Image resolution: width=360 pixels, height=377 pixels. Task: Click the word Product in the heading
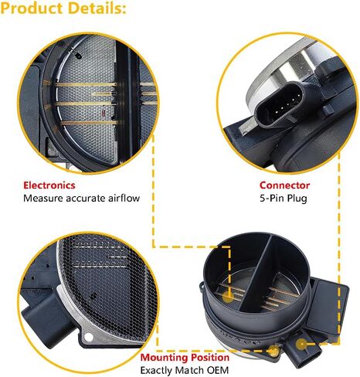pos(32,8)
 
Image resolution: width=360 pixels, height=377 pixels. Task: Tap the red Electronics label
pos(49,185)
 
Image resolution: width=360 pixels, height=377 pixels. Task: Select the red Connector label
pos(284,185)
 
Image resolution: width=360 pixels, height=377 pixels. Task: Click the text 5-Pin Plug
pos(284,199)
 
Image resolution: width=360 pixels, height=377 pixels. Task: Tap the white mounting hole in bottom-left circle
pos(88,337)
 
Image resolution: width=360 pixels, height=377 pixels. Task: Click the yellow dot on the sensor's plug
pos(301,344)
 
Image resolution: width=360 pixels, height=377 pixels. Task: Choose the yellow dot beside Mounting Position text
pos(273,351)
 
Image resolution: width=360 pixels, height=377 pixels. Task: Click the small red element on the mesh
pos(103,112)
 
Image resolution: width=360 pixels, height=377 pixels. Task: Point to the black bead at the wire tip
pos(78,56)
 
